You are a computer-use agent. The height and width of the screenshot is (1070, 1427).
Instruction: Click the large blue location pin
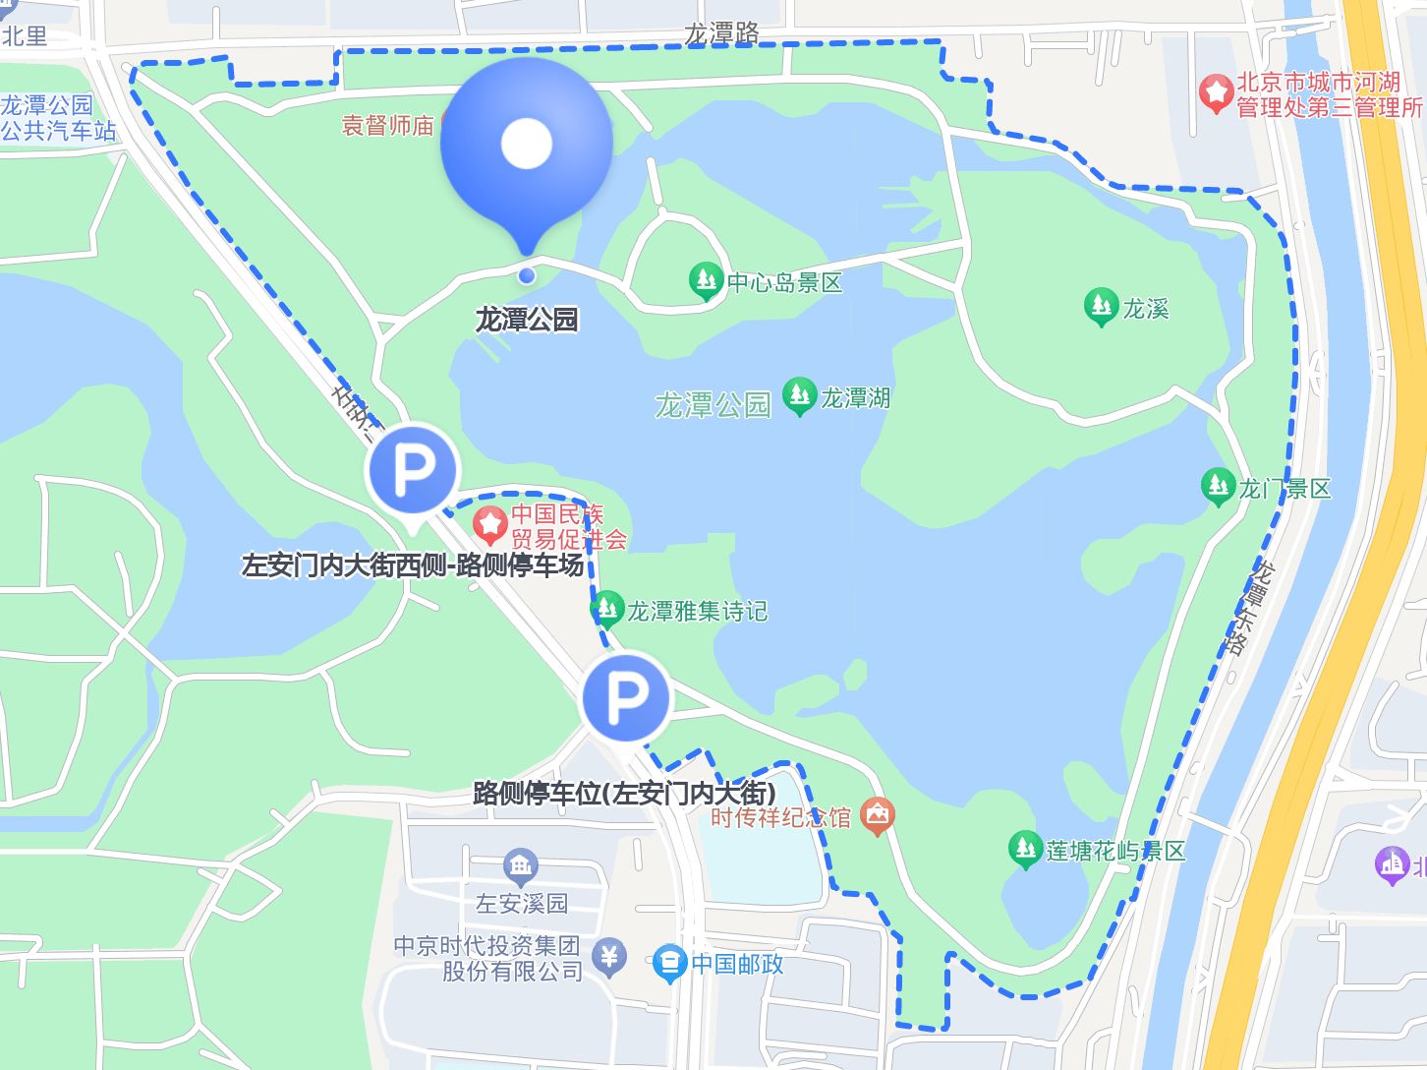pos(527,148)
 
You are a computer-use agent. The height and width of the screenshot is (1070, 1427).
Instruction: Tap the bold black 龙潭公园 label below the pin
pos(527,320)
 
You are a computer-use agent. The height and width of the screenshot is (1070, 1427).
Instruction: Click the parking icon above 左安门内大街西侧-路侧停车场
pos(413,471)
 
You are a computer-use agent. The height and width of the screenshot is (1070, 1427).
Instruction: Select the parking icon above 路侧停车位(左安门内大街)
pos(626,697)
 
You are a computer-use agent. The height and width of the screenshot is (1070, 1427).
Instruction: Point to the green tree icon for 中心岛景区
pos(705,281)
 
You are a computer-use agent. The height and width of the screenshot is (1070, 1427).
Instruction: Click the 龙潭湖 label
pos(855,398)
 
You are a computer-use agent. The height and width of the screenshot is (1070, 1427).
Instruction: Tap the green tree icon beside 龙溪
pos(1101,307)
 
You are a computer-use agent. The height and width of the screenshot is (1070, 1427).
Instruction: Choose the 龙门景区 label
pos(1284,489)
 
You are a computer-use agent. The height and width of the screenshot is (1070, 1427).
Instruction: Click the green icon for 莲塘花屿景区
pos(1025,849)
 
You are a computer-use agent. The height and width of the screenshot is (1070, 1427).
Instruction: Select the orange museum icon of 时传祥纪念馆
pos(877,815)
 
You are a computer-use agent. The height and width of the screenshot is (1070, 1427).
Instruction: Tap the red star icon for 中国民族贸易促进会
pos(489,524)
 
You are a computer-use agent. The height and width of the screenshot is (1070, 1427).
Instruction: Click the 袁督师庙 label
pos(388,125)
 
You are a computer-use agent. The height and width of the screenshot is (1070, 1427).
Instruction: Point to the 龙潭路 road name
pos(722,33)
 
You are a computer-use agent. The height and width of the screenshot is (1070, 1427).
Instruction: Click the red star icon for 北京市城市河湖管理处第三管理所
pos(1216,94)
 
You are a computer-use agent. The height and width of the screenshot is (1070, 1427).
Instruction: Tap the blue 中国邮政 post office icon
pos(669,964)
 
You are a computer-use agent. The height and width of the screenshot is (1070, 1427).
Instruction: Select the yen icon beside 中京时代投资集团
pos(610,956)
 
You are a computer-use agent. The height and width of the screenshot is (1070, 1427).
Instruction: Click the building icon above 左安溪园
pos(520,866)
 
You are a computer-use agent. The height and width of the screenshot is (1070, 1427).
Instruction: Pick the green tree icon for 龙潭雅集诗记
pos(607,610)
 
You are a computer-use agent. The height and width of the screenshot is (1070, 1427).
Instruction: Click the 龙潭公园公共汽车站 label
pos(59,117)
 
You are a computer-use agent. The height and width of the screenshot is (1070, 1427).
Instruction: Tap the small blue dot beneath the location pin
pos(527,275)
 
